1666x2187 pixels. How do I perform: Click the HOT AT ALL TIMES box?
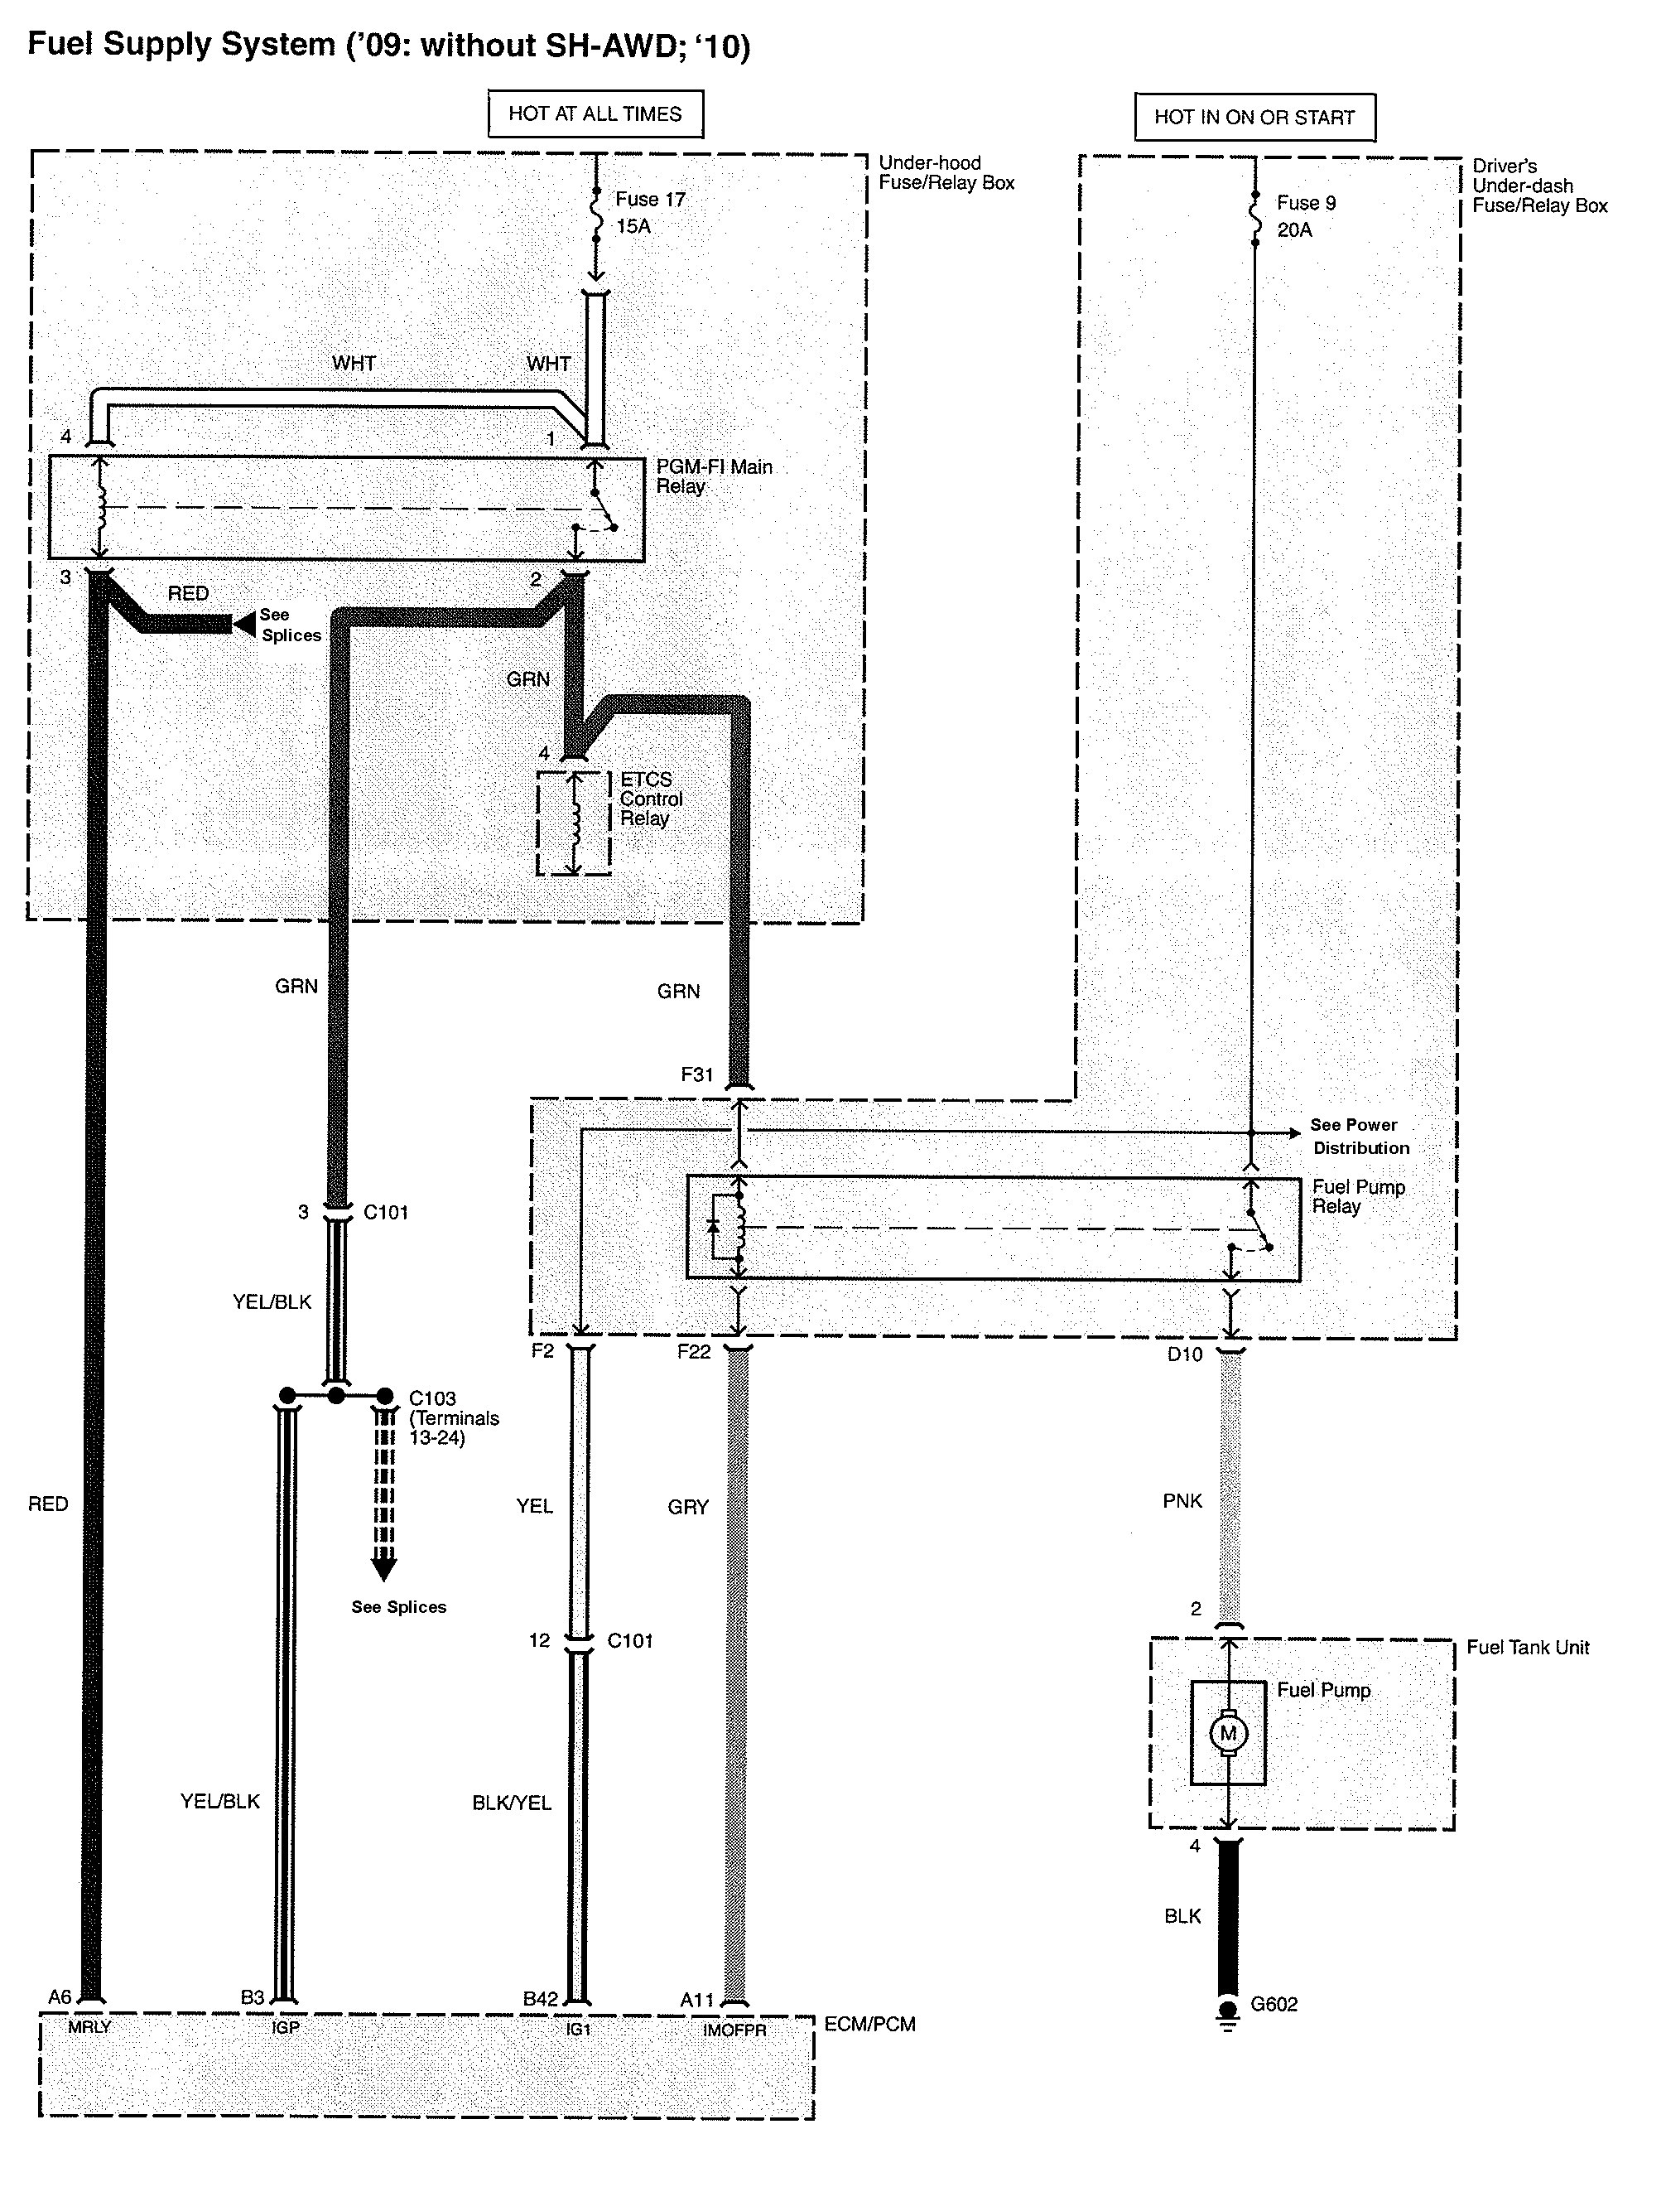click(x=595, y=114)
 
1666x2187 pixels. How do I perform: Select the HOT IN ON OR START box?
click(x=1254, y=117)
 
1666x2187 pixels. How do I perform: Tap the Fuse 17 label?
click(x=649, y=200)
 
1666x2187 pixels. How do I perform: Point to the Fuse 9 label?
click(x=1306, y=203)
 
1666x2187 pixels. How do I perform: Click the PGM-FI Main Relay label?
click(x=713, y=476)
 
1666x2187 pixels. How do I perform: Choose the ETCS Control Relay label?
click(x=651, y=799)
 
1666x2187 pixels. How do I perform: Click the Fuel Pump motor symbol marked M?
click(x=1228, y=1733)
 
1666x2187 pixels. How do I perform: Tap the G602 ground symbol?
click(x=1228, y=2012)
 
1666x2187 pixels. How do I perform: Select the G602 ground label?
click(x=1274, y=2004)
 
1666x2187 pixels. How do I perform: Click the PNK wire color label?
click(x=1182, y=1500)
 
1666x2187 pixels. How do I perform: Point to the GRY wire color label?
click(x=687, y=1507)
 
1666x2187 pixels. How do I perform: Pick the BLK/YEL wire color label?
click(x=511, y=1802)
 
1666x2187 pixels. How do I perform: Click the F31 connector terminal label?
click(x=696, y=1074)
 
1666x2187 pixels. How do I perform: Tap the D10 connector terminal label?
click(x=1184, y=1354)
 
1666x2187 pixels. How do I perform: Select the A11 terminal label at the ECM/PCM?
click(x=696, y=2000)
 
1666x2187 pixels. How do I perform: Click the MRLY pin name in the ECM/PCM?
click(x=89, y=2027)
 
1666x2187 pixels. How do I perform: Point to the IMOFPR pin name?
click(x=734, y=2030)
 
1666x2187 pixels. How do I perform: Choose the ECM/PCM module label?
click(x=869, y=2023)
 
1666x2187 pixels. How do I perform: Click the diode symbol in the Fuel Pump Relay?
click(x=712, y=1226)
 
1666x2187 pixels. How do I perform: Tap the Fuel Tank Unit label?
click(x=1527, y=1648)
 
